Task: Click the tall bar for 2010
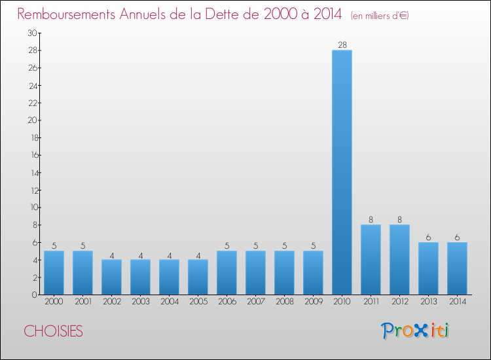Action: pos(342,172)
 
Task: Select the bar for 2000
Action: pos(54,272)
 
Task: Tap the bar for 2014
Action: pos(457,268)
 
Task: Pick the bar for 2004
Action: pos(169,277)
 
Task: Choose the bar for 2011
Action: pos(371,259)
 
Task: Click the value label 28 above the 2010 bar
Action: pos(342,45)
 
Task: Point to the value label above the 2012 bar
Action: pos(399,219)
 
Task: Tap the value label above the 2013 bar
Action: pos(428,237)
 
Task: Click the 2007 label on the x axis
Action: pos(255,302)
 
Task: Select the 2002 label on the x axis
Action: pos(111,302)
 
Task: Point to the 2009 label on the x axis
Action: pos(313,302)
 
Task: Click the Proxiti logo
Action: pos(415,331)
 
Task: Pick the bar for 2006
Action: pos(227,272)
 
